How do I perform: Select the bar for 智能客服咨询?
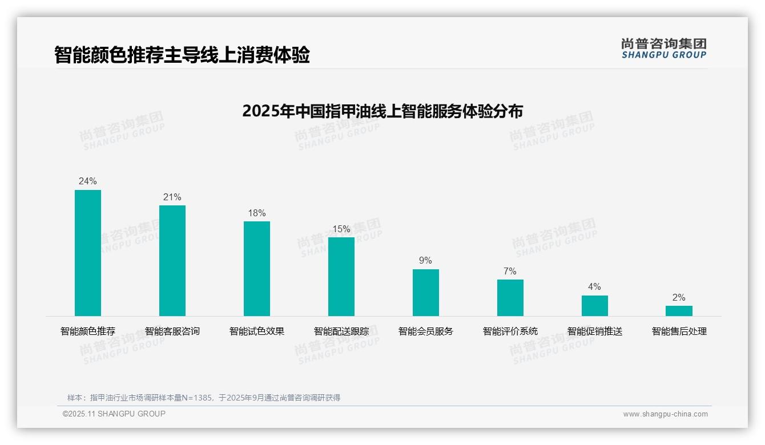coord(172,261)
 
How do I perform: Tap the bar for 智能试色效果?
coord(257,269)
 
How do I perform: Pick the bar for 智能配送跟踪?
coord(341,277)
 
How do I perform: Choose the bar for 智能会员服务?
coord(426,293)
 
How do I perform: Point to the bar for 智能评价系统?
coord(510,298)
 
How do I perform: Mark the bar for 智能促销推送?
coord(595,306)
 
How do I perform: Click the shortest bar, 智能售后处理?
coord(679,311)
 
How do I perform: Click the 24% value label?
coord(88,181)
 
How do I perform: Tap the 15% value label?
coord(341,229)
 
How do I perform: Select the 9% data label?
coord(426,261)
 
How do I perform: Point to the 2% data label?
coord(679,298)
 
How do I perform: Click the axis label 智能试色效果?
coord(257,331)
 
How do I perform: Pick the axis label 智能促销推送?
coord(595,331)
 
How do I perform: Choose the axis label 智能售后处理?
coord(679,331)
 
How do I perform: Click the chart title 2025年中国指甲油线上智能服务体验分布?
coord(382,111)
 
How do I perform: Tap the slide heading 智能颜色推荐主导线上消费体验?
coord(182,55)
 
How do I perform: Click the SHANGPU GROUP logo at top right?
coord(664,48)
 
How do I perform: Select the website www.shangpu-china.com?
coord(665,414)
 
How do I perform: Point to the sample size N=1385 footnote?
coord(203,398)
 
